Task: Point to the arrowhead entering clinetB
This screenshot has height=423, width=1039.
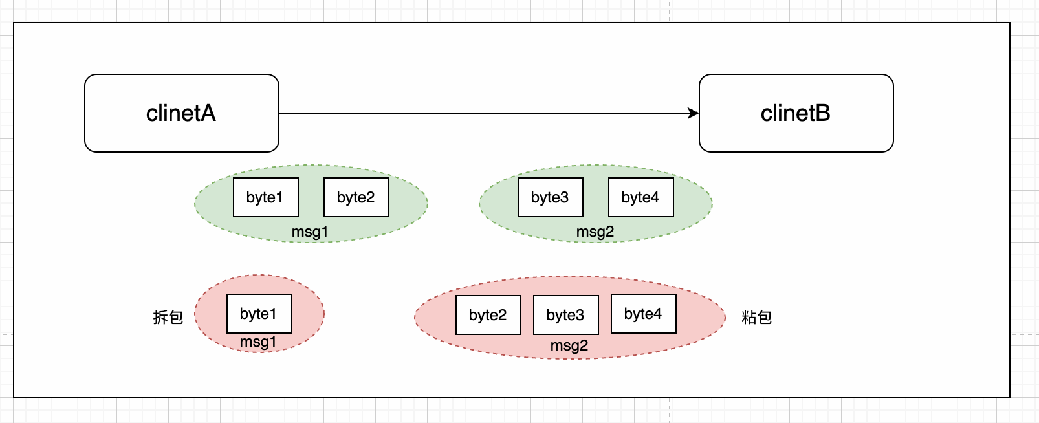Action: (x=694, y=113)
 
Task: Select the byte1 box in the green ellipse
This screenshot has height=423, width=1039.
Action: (x=266, y=197)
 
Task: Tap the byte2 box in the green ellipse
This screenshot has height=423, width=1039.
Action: (x=356, y=197)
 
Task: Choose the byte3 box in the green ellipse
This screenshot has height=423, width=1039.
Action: (x=551, y=197)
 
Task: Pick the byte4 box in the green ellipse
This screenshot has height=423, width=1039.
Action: (x=641, y=197)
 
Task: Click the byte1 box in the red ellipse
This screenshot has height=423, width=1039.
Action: (x=259, y=314)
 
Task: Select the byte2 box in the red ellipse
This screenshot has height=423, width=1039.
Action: (x=488, y=315)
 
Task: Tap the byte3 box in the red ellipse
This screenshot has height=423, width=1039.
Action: (x=566, y=315)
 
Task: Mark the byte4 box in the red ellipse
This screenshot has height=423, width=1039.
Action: (x=644, y=314)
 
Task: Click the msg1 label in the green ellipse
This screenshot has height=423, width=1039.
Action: (x=310, y=232)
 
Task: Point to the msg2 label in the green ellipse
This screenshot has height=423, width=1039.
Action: (x=595, y=232)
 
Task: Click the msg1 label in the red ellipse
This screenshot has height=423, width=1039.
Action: (x=258, y=342)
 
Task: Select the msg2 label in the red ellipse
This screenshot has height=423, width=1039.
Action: (x=569, y=345)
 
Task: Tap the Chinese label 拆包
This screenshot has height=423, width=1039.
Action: (x=168, y=317)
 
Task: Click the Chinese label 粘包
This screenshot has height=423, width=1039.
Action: (x=756, y=317)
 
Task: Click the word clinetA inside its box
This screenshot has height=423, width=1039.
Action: (x=180, y=113)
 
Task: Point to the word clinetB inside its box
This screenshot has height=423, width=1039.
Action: (x=795, y=113)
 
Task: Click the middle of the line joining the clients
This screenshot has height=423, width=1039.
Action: (x=488, y=113)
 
